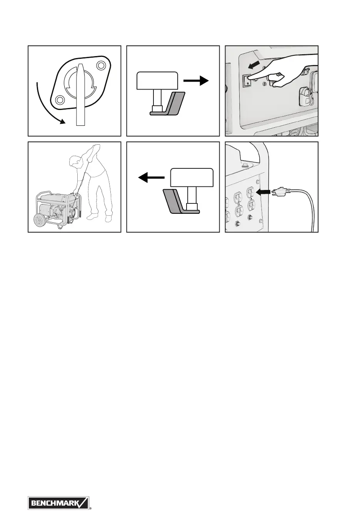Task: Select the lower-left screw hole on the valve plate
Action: [x=60, y=100]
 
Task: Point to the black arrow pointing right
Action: [x=196, y=81]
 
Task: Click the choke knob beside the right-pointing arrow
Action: [x=158, y=80]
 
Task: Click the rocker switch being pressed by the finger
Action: [x=247, y=80]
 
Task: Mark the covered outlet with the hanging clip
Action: [x=307, y=96]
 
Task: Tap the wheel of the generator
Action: [x=40, y=222]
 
